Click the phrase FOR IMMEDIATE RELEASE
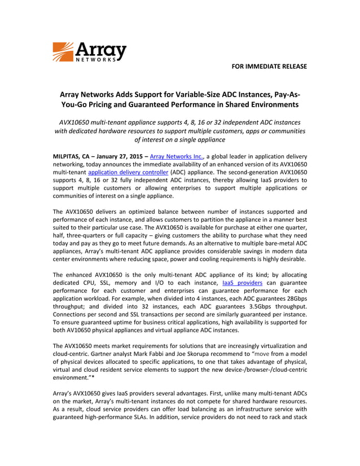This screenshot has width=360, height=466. [269, 67]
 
